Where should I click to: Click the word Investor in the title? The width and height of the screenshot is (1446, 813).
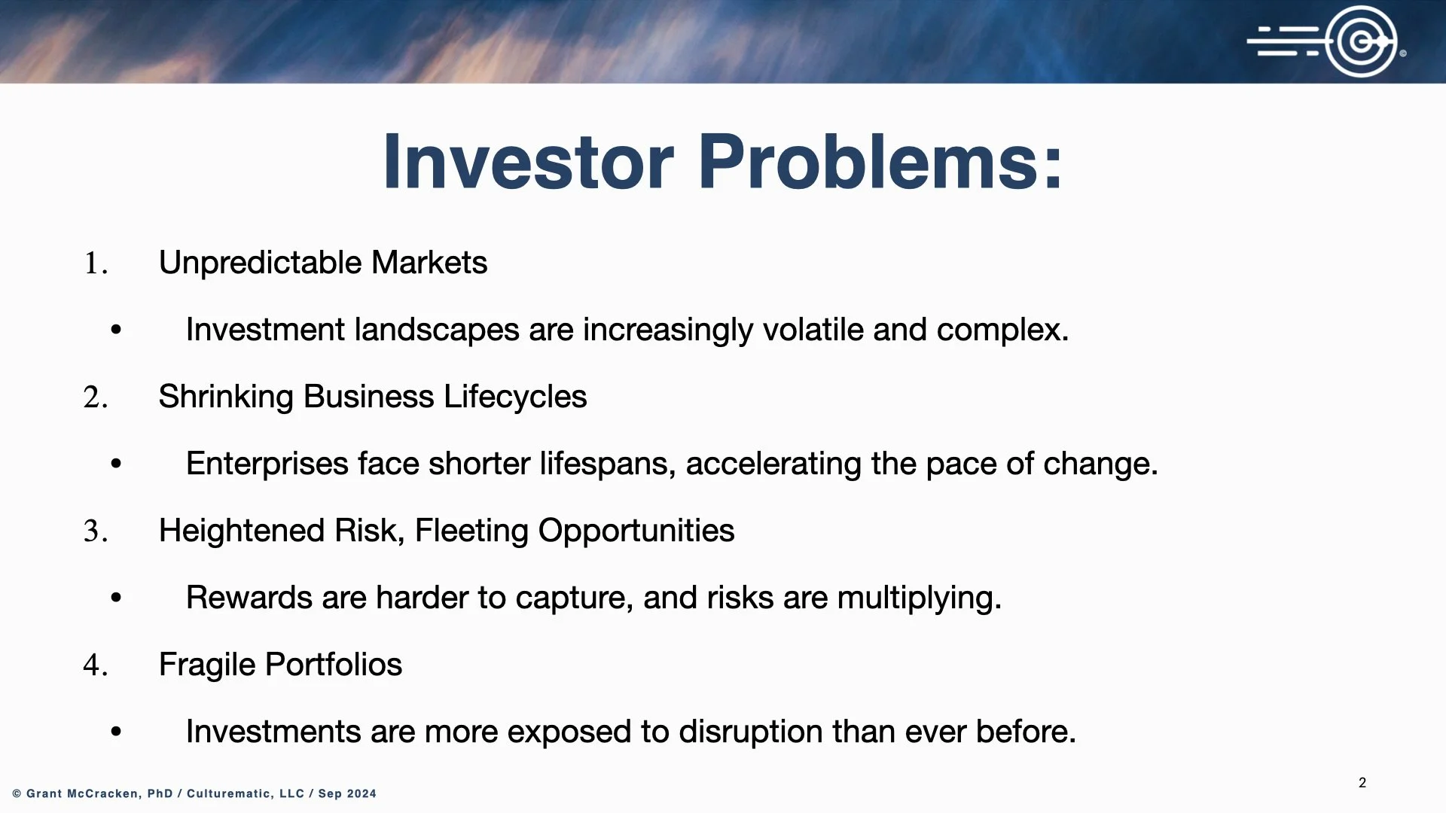528,162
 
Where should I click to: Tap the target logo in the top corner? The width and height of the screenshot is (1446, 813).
1326,41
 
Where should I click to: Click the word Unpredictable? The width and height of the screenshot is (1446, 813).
261,263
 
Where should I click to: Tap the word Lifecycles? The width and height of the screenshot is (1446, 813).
515,397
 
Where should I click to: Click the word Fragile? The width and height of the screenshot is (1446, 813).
208,665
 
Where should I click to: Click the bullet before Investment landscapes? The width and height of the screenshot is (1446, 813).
116,330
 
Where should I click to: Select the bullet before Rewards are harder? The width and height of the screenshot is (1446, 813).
116,598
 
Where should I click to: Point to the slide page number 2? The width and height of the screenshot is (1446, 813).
1362,783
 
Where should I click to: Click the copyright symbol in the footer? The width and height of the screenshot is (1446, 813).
17,793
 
